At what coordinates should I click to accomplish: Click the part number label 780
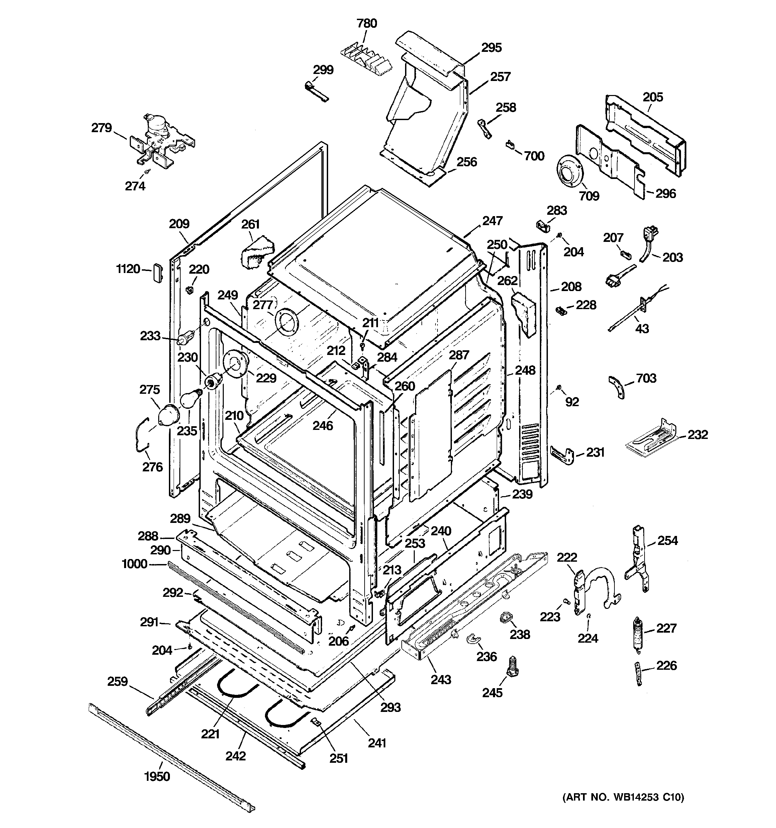pyautogui.click(x=367, y=23)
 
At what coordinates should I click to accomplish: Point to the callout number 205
pyautogui.click(x=652, y=97)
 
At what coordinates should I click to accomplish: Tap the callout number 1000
pyautogui.click(x=134, y=564)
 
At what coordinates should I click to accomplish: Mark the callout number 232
pyautogui.click(x=697, y=435)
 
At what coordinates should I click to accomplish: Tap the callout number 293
pyautogui.click(x=390, y=707)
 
